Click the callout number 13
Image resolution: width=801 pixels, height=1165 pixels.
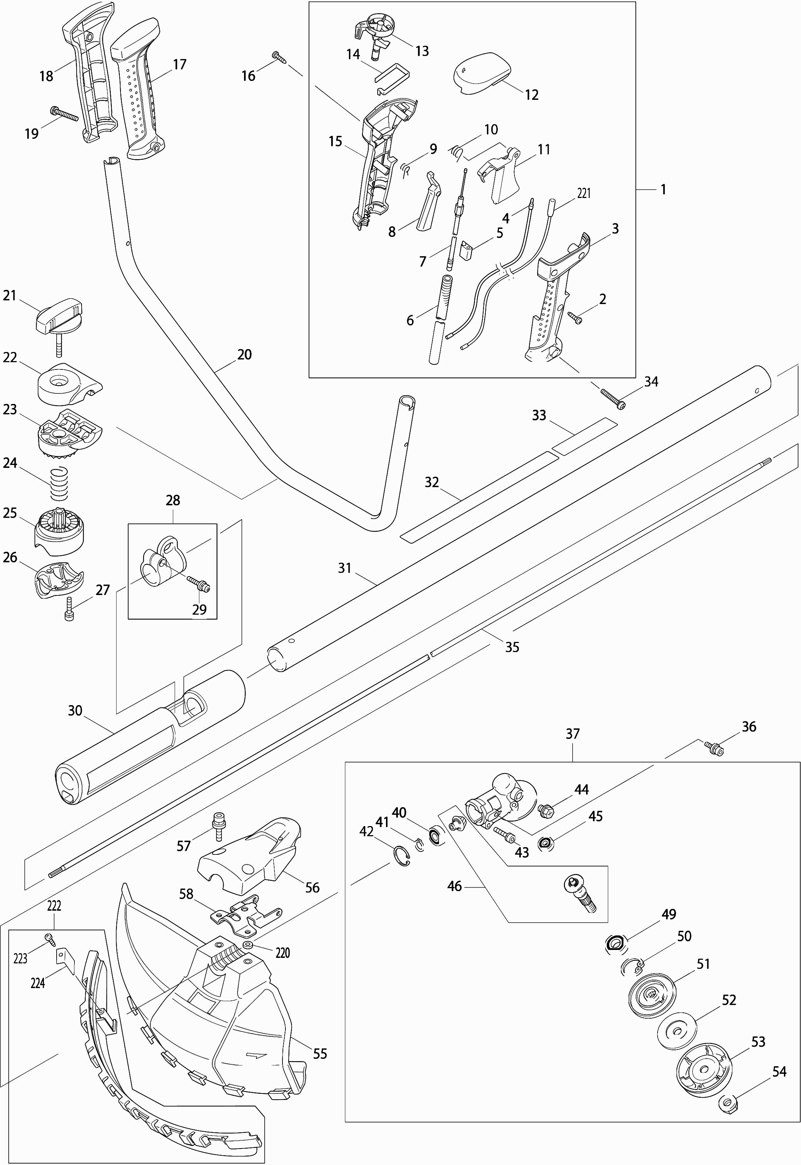(422, 51)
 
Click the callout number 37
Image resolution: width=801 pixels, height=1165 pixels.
(573, 734)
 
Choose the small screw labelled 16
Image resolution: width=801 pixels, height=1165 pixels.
(280, 57)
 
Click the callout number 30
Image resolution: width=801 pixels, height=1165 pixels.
(75, 711)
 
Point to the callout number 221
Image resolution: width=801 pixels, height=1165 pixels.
(584, 193)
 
